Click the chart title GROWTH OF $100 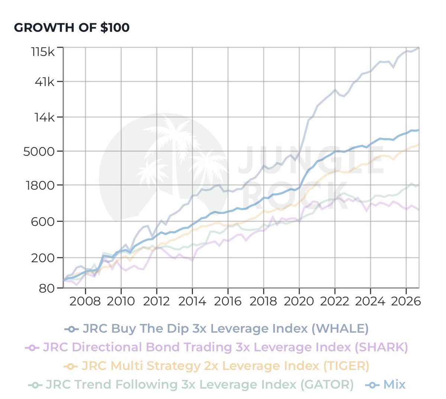pos(72,27)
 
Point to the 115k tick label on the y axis pos(43,52)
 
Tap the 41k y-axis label pos(44,82)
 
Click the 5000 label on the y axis pos(39,152)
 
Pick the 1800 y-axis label pos(40,185)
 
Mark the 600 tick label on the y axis pos(42,222)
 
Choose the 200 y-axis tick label pos(42,258)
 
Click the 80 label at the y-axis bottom pos(46,288)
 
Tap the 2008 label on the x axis pos(85,301)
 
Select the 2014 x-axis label pos(192,301)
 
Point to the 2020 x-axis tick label pos(299,301)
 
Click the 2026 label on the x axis pos(406,301)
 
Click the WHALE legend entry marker pos(71,329)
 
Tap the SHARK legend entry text pos(226,347)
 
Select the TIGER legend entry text pos(226,366)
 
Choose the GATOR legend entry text pos(200,385)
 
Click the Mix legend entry pos(385,385)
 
